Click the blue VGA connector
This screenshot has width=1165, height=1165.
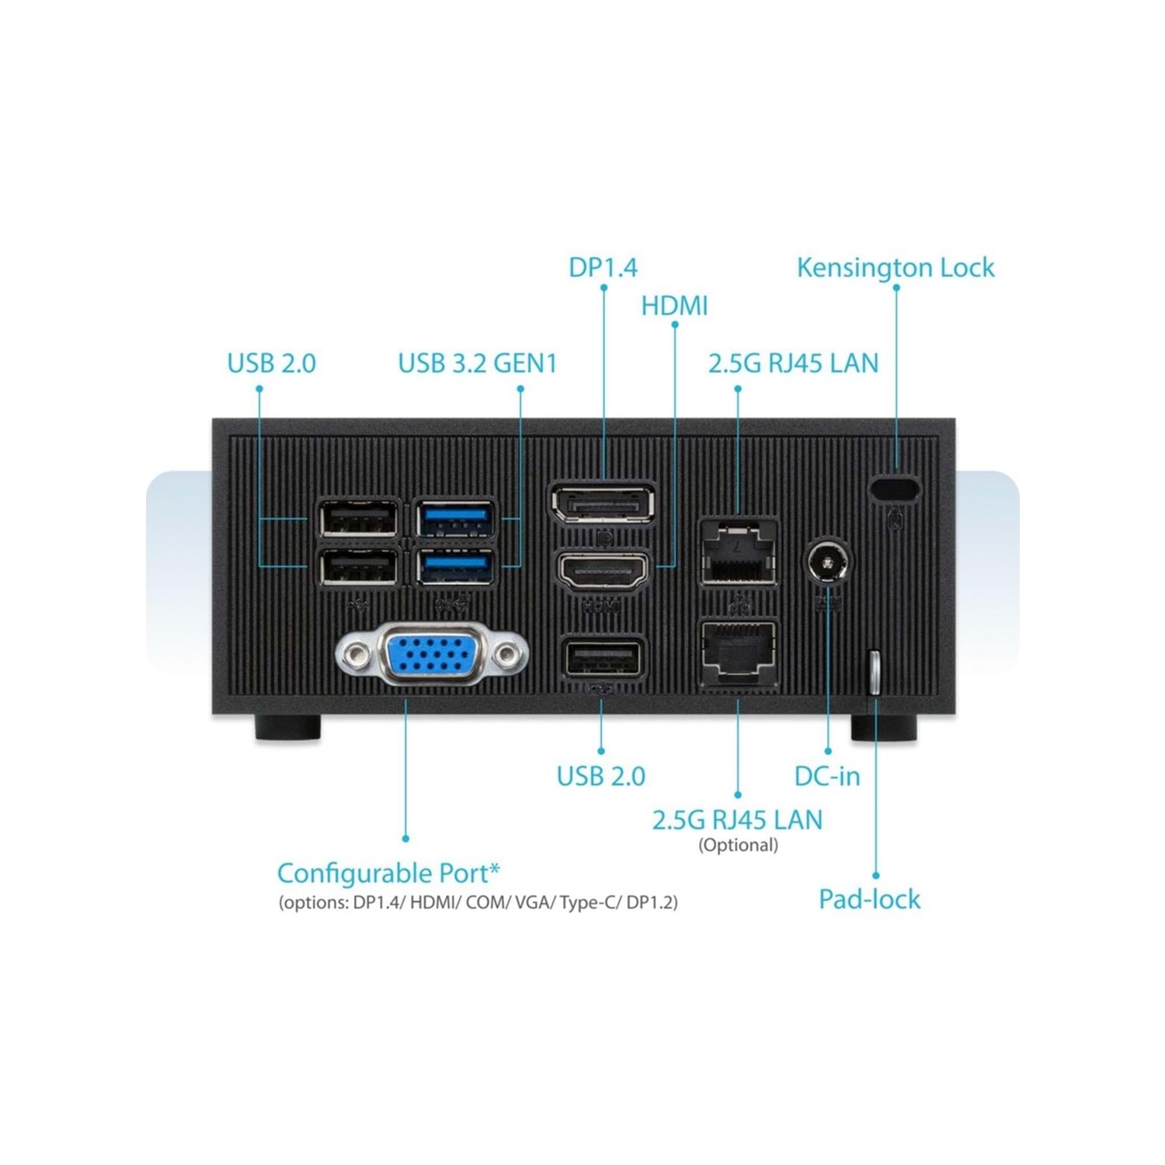[432, 653]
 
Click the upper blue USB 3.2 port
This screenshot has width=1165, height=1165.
[455, 519]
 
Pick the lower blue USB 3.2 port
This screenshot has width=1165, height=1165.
[455, 567]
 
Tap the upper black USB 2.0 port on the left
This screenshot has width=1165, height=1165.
[358, 519]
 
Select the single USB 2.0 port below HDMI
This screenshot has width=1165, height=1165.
[603, 660]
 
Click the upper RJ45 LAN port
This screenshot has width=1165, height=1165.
[738, 552]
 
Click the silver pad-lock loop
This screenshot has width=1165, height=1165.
[874, 672]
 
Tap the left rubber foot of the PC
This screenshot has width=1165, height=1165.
[287, 728]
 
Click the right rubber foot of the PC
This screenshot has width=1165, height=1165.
[884, 728]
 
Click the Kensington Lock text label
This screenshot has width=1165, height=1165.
[895, 268]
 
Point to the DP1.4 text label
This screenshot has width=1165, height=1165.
[603, 267]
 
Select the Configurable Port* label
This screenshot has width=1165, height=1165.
[388, 873]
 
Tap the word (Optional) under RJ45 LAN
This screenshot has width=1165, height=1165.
[738, 845]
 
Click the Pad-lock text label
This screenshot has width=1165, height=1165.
[870, 899]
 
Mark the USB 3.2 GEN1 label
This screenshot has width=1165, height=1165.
[478, 363]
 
